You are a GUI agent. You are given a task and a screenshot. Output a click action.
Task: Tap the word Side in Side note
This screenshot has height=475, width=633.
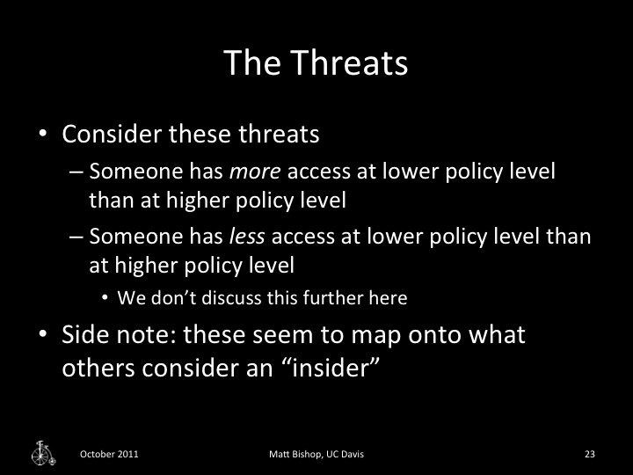pos(85,335)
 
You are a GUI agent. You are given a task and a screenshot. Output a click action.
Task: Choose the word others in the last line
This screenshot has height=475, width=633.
pos(95,367)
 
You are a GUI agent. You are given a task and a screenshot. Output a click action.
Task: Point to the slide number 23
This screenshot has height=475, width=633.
pos(590,454)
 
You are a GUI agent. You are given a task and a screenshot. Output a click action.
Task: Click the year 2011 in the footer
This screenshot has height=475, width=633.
pos(126,454)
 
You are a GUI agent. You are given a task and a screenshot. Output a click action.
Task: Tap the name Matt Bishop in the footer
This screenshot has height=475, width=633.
pos(296,454)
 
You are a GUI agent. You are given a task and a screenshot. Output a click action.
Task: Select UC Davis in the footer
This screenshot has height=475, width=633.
pos(346,454)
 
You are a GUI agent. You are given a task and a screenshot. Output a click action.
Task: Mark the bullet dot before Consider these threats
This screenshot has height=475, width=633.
pos(41,136)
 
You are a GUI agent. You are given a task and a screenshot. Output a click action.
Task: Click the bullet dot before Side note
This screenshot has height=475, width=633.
pos(41,336)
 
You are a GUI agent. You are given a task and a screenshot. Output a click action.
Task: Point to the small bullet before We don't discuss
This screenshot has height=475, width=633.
pos(105,298)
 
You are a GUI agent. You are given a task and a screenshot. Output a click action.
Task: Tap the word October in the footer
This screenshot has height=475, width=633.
pos(96,454)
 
